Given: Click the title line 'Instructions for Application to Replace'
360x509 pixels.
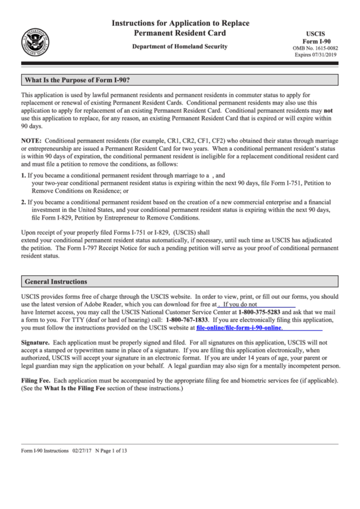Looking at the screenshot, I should click(180, 23).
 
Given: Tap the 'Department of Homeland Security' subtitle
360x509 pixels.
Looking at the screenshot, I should click(180, 46).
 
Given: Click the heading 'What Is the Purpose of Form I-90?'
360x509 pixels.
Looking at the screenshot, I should click(76, 80).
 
